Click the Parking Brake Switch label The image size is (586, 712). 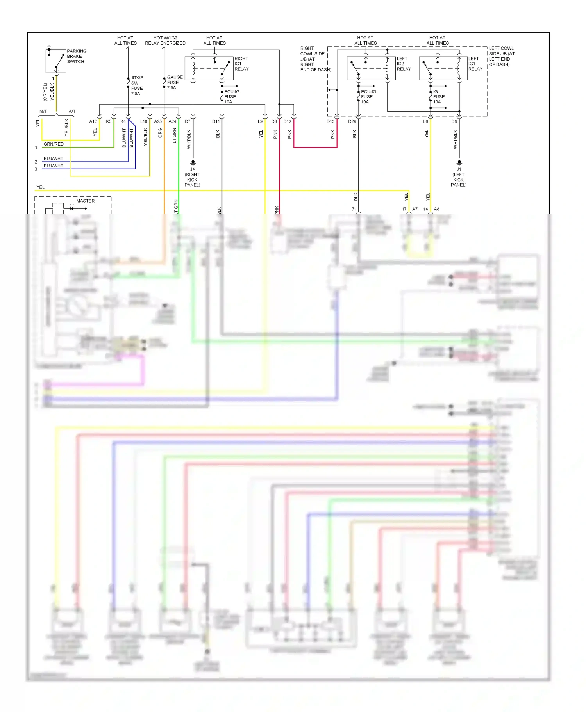click(77, 56)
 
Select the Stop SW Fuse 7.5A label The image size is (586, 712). click(137, 85)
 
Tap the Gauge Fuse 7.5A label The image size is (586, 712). click(174, 82)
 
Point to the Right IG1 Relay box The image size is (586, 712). click(209, 68)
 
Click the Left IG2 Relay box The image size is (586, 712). click(371, 68)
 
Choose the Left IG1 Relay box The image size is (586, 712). click(443, 68)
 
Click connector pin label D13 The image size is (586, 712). click(331, 121)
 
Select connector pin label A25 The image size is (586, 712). click(158, 121)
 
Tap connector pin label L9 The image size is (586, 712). click(260, 121)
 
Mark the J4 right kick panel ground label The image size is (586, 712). click(192, 177)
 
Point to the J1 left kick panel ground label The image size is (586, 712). click(459, 177)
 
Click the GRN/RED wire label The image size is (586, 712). click(54, 144)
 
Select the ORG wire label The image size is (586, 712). click(160, 133)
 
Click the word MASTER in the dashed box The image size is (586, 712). click(85, 201)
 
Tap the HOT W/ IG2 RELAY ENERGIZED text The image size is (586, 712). click(165, 41)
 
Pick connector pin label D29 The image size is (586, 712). click(352, 121)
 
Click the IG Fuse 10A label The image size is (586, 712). click(438, 97)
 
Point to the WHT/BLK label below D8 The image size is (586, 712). click(455, 139)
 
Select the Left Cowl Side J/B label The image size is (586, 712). click(502, 56)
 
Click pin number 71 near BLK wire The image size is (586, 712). click(354, 209)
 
